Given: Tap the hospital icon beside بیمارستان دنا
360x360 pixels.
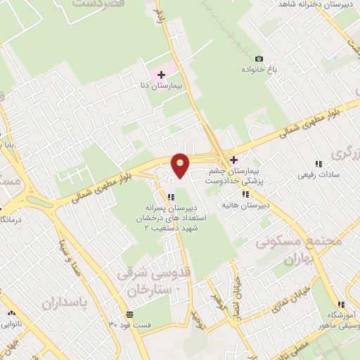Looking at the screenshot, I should (160, 74).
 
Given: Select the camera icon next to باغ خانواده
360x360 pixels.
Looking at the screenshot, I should (259, 58).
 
